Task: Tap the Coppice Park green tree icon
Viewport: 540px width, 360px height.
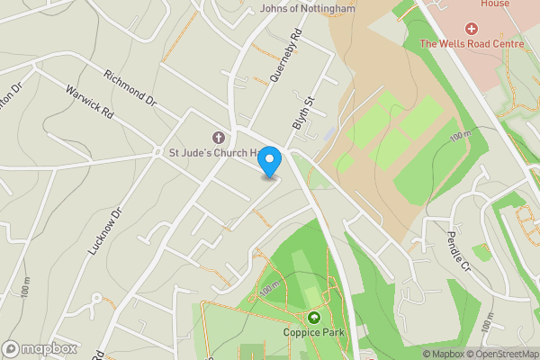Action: click(314, 318)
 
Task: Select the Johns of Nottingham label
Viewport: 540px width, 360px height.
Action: click(307, 9)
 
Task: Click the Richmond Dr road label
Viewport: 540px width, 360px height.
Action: click(130, 89)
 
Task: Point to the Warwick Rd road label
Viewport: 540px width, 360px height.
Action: click(90, 103)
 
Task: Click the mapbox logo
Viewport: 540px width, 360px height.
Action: click(40, 347)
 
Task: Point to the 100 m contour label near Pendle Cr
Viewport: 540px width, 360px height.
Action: click(460, 136)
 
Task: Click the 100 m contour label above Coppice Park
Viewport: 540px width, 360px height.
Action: click(269, 289)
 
